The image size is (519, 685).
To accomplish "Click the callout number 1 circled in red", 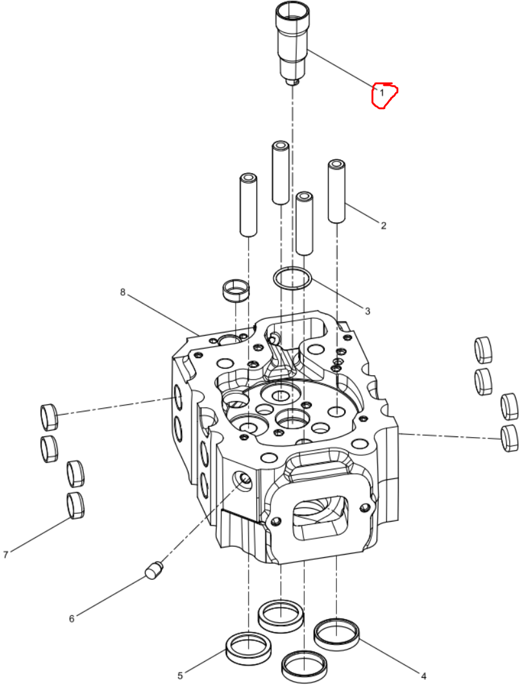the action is pyautogui.click(x=382, y=92).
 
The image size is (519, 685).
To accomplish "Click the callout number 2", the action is pyautogui.click(x=383, y=225).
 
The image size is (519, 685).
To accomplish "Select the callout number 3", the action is pyautogui.click(x=368, y=311).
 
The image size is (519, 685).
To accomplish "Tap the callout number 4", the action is pyautogui.click(x=423, y=677).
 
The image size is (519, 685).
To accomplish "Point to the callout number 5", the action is pyautogui.click(x=180, y=676).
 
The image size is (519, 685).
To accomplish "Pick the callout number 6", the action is pyautogui.click(x=72, y=619).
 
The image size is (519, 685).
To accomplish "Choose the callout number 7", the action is pyautogui.click(x=6, y=555).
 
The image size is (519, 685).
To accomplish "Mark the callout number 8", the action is pyautogui.click(x=123, y=292).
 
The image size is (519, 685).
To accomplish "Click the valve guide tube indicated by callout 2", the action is pyautogui.click(x=336, y=191).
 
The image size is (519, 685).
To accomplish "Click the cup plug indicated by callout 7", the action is pyautogui.click(x=75, y=505).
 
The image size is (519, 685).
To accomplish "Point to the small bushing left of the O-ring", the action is pyautogui.click(x=236, y=290).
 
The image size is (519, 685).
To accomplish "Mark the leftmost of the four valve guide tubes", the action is pyautogui.click(x=248, y=205).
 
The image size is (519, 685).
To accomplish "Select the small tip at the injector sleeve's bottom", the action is pyautogui.click(x=292, y=82).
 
